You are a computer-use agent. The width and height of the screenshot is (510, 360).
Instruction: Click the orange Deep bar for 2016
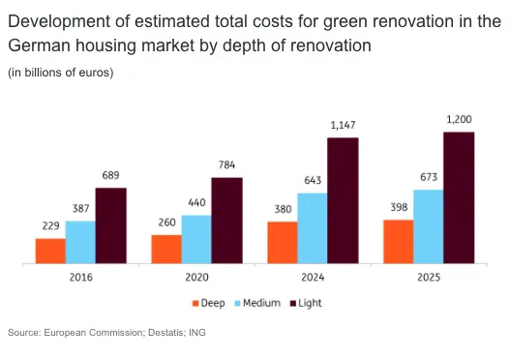coord(50,251)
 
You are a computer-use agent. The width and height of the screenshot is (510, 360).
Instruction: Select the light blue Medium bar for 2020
coord(196,239)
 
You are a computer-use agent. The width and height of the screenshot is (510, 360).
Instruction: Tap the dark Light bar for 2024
coord(343,200)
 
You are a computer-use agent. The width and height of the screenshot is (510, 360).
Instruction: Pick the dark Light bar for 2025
coord(459,197)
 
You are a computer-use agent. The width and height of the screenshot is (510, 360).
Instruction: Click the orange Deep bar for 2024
coord(283,243)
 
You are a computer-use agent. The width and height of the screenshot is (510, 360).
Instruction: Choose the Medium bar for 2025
coord(429,226)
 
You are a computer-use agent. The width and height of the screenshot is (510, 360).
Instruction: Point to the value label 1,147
coord(343,125)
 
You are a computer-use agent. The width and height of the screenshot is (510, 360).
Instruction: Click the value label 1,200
coord(459,119)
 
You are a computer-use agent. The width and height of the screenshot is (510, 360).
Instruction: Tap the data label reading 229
coord(50,225)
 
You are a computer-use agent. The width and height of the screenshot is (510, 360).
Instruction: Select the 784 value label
coord(226,165)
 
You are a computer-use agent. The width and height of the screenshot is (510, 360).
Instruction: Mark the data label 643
coord(313,180)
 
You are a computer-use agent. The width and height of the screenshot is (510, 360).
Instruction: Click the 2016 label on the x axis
coord(81,278)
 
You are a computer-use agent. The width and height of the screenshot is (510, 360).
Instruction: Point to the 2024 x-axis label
coord(313,278)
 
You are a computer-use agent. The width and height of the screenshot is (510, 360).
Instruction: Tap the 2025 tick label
coord(429,278)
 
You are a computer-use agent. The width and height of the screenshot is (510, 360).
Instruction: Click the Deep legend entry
coord(208,303)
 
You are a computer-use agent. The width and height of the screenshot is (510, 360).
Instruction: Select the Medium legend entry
coord(257,303)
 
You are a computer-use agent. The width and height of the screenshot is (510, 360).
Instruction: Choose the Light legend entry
coord(306,304)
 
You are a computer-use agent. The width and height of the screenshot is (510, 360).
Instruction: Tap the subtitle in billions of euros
coord(61,73)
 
